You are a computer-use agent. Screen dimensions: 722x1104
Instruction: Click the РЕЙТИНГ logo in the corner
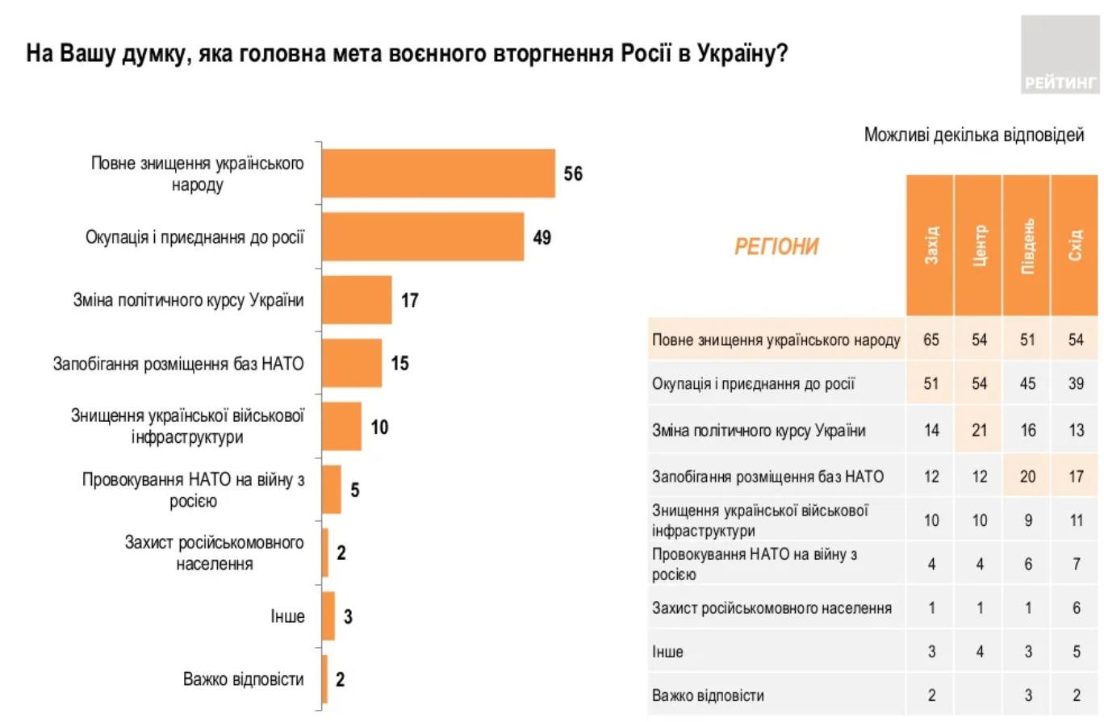click(x=1060, y=54)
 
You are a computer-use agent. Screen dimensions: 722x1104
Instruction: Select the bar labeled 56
click(x=438, y=173)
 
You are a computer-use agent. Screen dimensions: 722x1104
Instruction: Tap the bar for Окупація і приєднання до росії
click(x=423, y=237)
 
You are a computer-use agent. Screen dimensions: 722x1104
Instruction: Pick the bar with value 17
click(x=357, y=300)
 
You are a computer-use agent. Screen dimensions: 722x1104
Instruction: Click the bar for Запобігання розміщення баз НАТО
click(x=352, y=363)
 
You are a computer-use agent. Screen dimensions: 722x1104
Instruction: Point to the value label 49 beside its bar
click(x=541, y=237)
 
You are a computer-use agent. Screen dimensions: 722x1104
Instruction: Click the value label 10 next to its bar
click(x=379, y=426)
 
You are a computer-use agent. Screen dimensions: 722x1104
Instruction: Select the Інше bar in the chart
click(x=328, y=616)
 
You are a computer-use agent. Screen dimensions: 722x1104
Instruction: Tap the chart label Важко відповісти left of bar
click(x=243, y=679)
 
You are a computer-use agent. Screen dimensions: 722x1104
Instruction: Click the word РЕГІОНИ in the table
click(x=776, y=247)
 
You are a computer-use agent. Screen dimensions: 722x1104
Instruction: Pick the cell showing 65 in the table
click(x=930, y=340)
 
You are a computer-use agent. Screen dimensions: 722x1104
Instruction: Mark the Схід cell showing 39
click(x=1074, y=385)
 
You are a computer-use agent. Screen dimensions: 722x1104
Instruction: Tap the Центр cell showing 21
click(x=978, y=431)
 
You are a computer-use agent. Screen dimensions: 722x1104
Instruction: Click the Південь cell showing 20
click(x=1026, y=477)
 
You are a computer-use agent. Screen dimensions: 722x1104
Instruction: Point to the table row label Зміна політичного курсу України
click(x=759, y=431)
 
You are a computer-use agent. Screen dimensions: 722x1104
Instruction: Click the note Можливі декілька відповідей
click(x=974, y=134)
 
